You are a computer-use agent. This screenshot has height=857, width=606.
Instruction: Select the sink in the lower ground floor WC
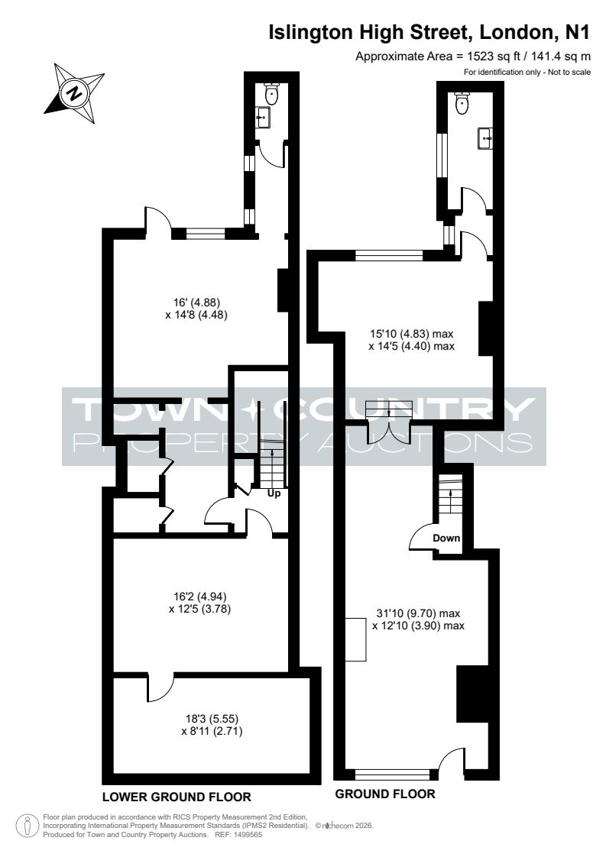pos(264,117)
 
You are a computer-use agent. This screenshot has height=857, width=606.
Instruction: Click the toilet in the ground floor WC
pos(462,103)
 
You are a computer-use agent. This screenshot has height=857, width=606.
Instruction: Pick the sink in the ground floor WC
pos(485,138)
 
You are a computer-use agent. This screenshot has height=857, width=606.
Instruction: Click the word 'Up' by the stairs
pos(274,493)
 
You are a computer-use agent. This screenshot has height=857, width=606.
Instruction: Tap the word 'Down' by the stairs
pos(446,538)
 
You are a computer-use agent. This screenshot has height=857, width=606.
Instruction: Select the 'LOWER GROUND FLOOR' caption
pos(177,797)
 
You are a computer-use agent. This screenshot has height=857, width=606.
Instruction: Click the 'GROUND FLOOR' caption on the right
pos(385,794)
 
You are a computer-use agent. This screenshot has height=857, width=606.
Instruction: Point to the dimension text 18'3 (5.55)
pos(212,719)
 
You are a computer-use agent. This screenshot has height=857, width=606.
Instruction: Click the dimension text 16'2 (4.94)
pos(199,597)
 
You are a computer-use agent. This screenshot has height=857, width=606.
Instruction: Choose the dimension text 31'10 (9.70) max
pos(419,613)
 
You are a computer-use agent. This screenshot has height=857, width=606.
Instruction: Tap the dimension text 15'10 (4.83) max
pos(411,333)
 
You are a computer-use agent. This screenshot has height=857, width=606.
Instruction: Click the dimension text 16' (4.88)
pos(196,302)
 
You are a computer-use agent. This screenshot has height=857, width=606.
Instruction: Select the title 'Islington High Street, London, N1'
pos(429,32)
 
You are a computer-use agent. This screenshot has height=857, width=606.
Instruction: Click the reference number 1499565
pos(247,835)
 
